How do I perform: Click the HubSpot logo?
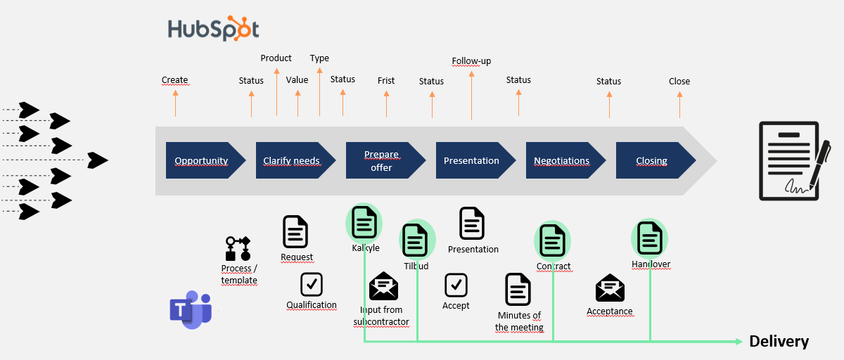click(x=213, y=29)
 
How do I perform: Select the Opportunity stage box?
click(x=202, y=160)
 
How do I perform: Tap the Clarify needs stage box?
click(x=292, y=160)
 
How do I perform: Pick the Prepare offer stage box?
click(x=382, y=160)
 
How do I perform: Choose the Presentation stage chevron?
click(x=472, y=160)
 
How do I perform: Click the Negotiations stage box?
click(x=562, y=160)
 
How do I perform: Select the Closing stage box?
click(x=652, y=160)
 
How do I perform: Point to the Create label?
click(x=175, y=80)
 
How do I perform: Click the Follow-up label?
click(x=471, y=61)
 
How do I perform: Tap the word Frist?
click(x=386, y=81)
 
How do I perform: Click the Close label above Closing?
click(x=679, y=82)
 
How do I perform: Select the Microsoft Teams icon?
click(x=190, y=311)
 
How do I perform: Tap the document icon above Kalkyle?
click(x=364, y=222)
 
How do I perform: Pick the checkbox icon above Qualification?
click(x=312, y=284)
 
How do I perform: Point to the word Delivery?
click(x=779, y=342)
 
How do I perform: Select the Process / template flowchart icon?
click(x=238, y=249)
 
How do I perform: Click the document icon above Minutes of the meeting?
click(x=518, y=290)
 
